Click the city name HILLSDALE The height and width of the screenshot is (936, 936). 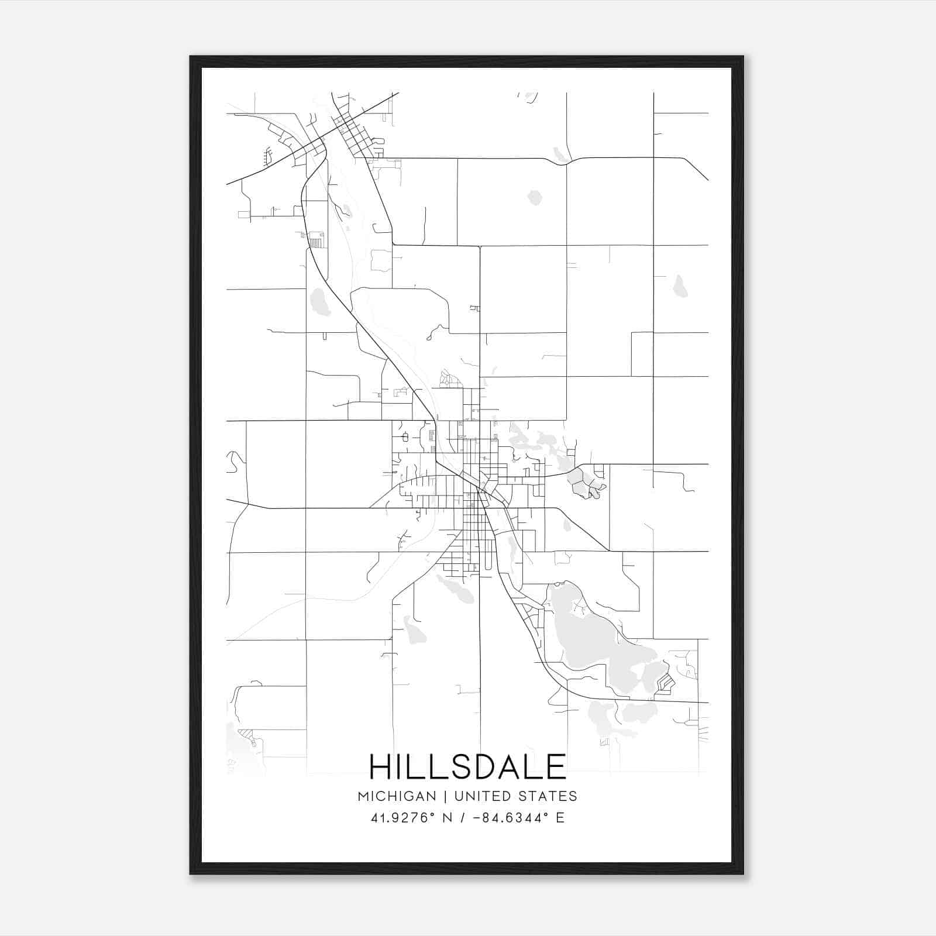click(x=467, y=766)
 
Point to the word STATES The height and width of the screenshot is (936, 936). click(x=549, y=796)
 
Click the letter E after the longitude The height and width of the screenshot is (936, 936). click(x=560, y=818)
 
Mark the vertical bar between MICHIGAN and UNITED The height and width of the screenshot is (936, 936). click(x=445, y=796)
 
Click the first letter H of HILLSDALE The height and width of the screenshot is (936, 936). click(x=381, y=766)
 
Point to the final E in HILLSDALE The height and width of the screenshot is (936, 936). click(x=556, y=766)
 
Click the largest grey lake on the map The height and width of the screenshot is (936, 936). click(x=591, y=638)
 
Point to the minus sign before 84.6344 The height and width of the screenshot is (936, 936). click(x=476, y=818)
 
